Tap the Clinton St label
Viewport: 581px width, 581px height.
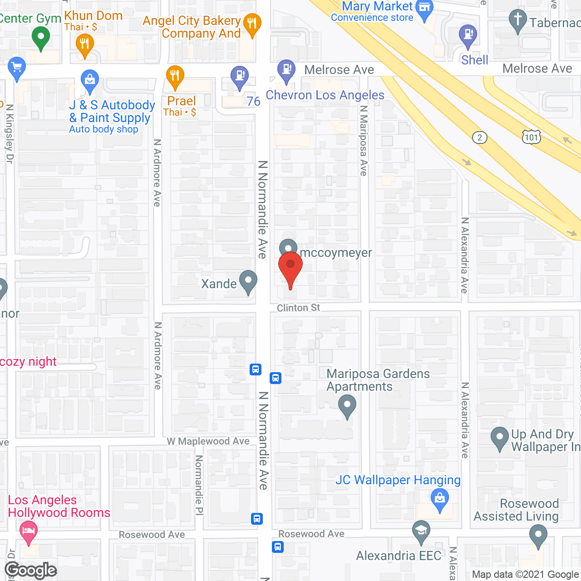pyautogui.click(x=298, y=308)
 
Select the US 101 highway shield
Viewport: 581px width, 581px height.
pyautogui.click(x=531, y=137)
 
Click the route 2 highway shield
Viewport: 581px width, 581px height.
pyautogui.click(x=480, y=138)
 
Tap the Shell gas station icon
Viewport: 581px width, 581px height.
pyautogui.click(x=468, y=35)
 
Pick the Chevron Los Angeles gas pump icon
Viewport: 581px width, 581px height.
pyautogui.click(x=286, y=70)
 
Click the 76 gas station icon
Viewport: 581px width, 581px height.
pyautogui.click(x=240, y=76)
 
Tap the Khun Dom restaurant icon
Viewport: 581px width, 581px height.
pyautogui.click(x=84, y=44)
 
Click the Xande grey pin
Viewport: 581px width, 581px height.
pyautogui.click(x=248, y=281)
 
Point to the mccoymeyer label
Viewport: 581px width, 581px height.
pyautogui.click(x=336, y=253)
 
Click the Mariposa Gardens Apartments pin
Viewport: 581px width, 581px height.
pyautogui.click(x=347, y=405)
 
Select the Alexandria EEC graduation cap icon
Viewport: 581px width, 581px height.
pyautogui.click(x=421, y=531)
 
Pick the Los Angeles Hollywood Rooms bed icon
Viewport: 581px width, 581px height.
pyautogui.click(x=29, y=531)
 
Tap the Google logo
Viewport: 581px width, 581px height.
pyautogui.click(x=30, y=570)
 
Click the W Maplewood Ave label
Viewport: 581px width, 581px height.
pyautogui.click(x=208, y=441)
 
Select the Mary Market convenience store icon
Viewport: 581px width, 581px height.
pyautogui.click(x=424, y=9)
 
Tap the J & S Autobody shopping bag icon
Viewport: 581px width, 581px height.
pyautogui.click(x=90, y=80)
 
